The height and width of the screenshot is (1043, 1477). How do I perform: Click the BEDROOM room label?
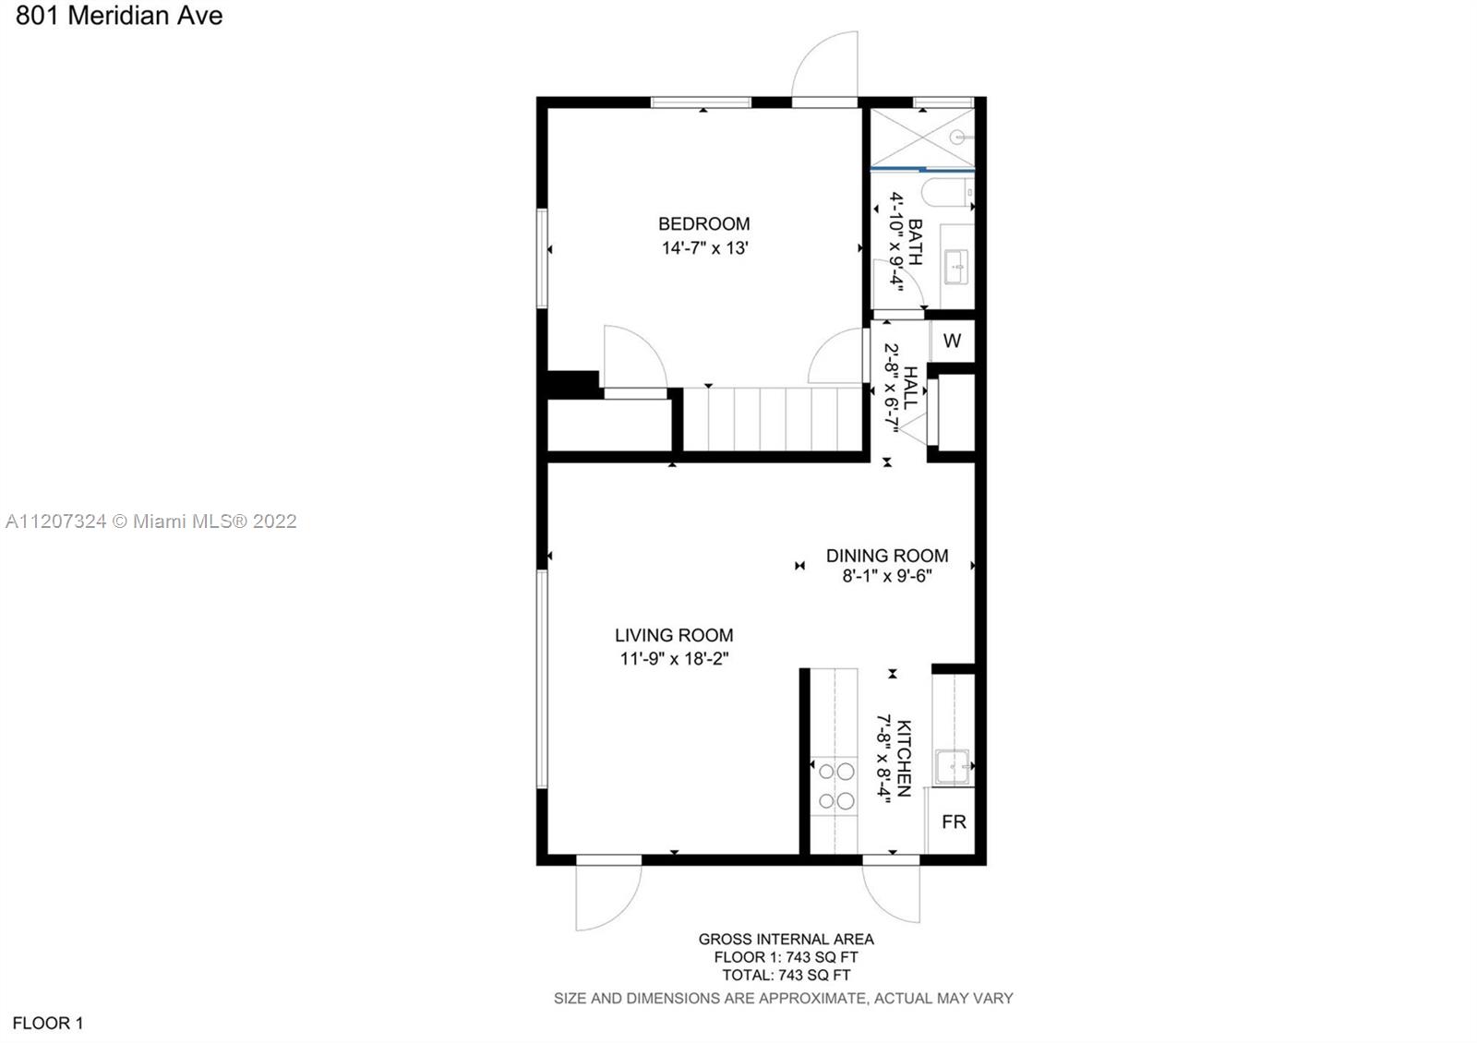703,224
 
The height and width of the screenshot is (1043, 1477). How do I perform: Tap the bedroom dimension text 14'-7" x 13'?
705,248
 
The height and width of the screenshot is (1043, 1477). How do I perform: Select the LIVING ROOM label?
674,635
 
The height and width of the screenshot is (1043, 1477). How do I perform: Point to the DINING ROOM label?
887,556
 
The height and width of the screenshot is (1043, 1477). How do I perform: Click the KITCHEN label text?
904,758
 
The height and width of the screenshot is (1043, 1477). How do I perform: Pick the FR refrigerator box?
952,821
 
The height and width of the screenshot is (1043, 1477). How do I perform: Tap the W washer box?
952,341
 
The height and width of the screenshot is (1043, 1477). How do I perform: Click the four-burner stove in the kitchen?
835,785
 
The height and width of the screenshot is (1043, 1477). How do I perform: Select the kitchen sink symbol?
952,767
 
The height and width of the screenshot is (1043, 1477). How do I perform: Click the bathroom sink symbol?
956,267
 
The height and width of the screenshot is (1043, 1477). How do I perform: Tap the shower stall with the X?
922,138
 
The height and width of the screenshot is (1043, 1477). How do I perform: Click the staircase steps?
773,419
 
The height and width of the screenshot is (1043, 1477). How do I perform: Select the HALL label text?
910,388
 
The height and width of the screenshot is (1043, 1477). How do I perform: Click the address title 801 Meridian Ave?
119,16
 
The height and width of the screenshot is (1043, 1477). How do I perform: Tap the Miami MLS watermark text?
151,521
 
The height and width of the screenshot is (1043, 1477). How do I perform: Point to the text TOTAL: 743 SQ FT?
786,975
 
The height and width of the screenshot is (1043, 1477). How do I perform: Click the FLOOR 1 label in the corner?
48,1024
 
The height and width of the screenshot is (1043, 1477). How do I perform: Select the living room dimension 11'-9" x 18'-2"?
674,659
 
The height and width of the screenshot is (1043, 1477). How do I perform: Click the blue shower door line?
922,170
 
